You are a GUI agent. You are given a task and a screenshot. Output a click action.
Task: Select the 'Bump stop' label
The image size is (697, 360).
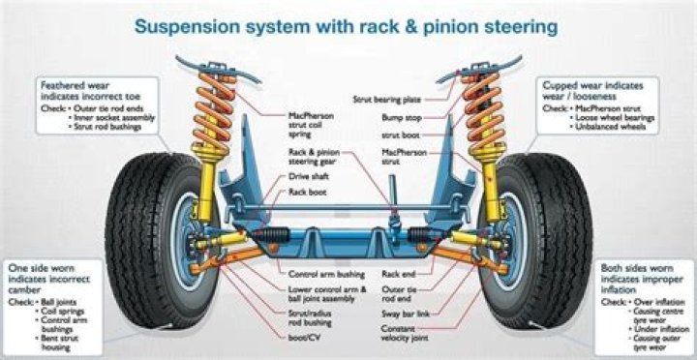tap(401, 117)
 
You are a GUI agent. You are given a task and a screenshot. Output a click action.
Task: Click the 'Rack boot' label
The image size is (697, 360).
tap(308, 193)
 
